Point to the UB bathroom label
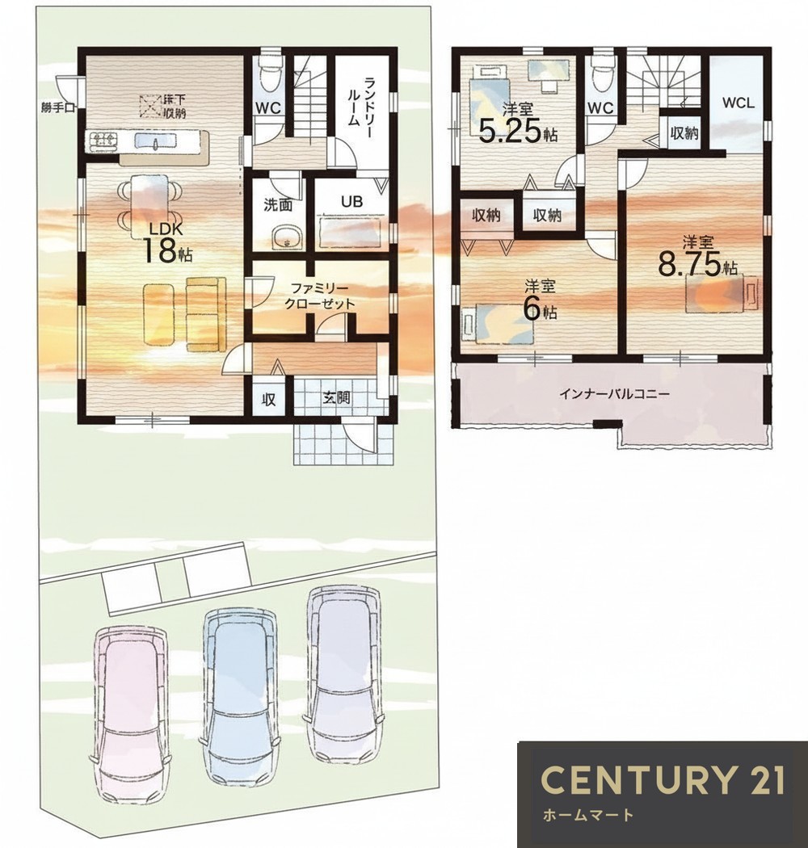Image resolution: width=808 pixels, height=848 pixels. coord(351,202)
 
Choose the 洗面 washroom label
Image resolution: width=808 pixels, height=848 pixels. coord(278,204)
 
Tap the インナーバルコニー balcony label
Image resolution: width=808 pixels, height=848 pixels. coord(614,393)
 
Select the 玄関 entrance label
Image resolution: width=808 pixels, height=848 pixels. coord(336,398)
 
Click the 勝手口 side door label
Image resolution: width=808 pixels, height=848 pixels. coord(57,107)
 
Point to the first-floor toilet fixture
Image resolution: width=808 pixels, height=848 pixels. coord(268,74)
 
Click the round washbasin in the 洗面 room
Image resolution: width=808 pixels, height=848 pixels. coord(286,237)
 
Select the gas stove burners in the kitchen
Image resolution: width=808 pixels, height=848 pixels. coord(103,141)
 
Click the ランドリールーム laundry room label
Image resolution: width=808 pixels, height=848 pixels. coord(362,102)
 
